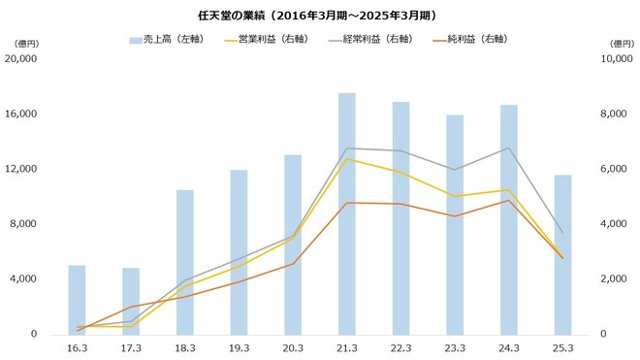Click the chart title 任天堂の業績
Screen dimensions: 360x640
[x=319, y=15]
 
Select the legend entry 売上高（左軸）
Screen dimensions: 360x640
[x=165, y=40]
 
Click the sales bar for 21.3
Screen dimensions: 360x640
[x=346, y=213]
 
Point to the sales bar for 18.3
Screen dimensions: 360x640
[x=184, y=262]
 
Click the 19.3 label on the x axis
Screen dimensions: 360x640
[x=239, y=346]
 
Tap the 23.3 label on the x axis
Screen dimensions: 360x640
[x=454, y=346]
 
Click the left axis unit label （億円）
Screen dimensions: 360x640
[x=21, y=44]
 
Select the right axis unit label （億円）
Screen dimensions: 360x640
[x=618, y=44]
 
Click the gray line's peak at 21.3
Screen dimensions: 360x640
[x=346, y=148]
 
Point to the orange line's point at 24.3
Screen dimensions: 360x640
[x=508, y=201]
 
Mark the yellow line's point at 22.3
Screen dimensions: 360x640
[x=400, y=172]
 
